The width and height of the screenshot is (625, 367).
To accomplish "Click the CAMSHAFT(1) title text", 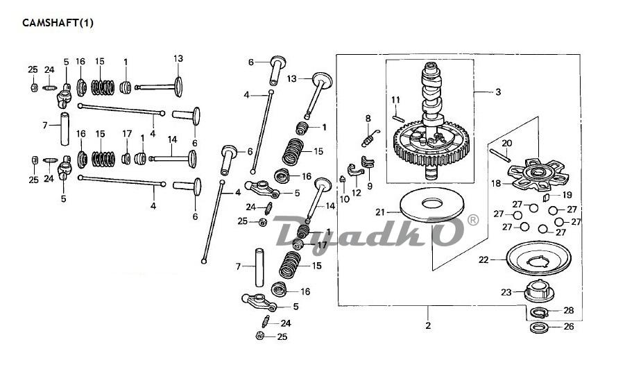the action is click(58, 23).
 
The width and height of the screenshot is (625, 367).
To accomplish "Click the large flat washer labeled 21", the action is click(431, 205).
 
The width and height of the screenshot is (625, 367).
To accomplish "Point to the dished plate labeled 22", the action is click(536, 258).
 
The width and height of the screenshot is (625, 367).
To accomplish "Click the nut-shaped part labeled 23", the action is click(539, 291).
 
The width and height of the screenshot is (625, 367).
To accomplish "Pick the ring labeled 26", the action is click(539, 328).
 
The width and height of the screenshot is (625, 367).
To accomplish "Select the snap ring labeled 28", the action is click(539, 313).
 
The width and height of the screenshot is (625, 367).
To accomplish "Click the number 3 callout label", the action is click(498, 92).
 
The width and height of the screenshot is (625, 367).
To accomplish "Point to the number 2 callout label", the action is click(428, 326).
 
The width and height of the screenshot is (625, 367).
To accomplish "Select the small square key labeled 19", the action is click(547, 197).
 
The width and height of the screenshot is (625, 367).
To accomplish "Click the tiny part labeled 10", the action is click(343, 178).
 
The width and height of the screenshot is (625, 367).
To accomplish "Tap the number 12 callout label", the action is click(357, 194).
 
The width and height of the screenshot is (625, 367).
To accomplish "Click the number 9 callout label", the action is click(370, 186).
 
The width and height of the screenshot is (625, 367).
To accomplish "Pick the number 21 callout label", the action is click(380, 212).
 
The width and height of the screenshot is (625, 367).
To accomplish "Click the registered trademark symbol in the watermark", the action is click(472, 220).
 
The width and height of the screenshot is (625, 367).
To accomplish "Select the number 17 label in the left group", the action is click(127, 134).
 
